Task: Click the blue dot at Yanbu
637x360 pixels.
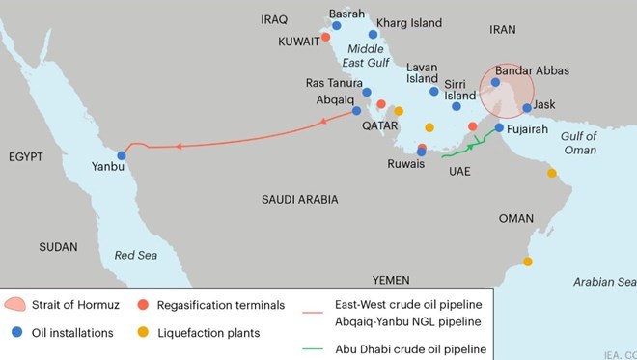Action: pos(122,155)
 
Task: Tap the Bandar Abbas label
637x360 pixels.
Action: pos(532,70)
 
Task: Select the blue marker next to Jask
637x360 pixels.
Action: pos(527,108)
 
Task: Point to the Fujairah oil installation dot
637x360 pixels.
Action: pos(499,127)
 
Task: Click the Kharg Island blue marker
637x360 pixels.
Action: pos(373,34)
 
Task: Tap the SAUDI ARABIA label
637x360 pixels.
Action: pos(299,199)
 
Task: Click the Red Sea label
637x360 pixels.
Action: pos(135,256)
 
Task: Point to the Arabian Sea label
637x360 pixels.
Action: pos(604,281)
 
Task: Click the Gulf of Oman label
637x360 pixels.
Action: pos(579,143)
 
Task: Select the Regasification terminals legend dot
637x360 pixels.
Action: pos(144,305)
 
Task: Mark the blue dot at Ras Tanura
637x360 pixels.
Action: pos(367,93)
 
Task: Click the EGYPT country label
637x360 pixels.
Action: pos(29,156)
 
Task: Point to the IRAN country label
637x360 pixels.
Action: pos(504,30)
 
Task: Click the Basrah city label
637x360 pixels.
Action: pos(347,14)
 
